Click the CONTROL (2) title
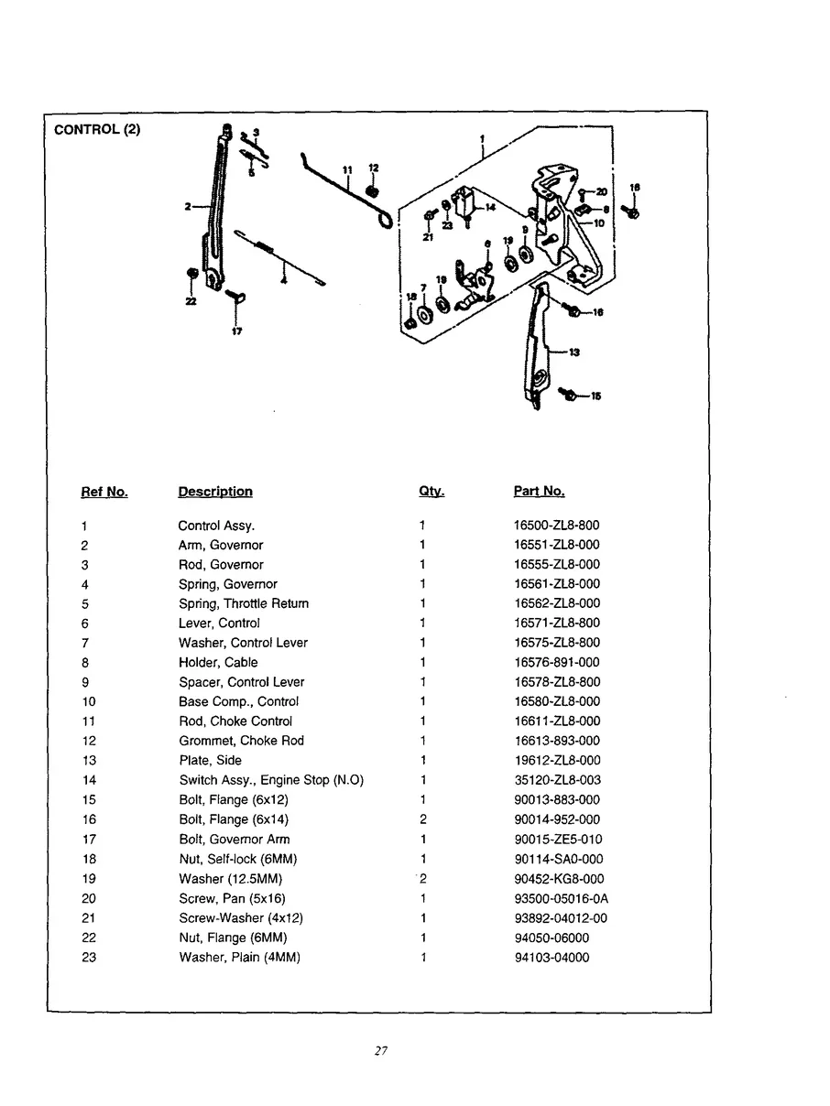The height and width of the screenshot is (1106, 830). (x=97, y=129)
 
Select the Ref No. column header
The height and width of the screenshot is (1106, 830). (x=104, y=492)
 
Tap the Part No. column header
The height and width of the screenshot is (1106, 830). (x=539, y=492)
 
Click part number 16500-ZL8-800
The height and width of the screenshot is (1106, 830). (x=557, y=526)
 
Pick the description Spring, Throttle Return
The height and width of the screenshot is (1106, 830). (x=244, y=603)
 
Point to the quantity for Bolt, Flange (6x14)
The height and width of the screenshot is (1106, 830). (x=422, y=819)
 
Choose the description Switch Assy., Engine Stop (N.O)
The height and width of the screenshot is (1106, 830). (x=271, y=780)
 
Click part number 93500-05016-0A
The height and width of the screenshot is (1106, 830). (x=562, y=898)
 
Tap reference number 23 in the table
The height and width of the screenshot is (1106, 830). (x=89, y=958)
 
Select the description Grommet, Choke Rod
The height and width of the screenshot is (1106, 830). (x=241, y=741)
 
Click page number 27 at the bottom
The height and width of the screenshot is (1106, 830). (x=382, y=1051)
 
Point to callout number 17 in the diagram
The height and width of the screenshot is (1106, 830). (x=236, y=331)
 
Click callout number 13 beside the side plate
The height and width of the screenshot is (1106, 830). (x=573, y=352)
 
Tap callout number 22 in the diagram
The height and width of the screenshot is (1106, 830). (x=191, y=302)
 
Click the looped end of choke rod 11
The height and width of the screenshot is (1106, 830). (x=388, y=221)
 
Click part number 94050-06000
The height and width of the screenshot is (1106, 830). (x=552, y=938)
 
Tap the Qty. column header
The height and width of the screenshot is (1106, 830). (x=431, y=492)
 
